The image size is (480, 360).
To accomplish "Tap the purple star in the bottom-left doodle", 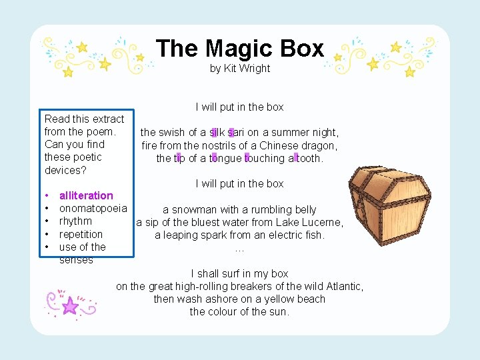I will pos(70,306).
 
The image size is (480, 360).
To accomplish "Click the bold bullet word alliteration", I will pos(86,195).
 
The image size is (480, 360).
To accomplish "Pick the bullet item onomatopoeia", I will pos(93,208).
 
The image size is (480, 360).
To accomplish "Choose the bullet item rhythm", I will pos(75,221).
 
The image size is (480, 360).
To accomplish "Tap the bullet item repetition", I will pos(81,234).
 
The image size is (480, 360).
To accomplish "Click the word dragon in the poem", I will pos(321,145).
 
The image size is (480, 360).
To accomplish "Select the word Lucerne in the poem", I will pos(323,222).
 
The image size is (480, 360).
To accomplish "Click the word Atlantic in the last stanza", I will pos(339,286).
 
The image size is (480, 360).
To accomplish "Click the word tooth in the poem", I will pos(308,158).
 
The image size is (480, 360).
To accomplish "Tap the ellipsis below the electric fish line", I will pos(240,249).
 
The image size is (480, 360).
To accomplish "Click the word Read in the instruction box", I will pos(57,119).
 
